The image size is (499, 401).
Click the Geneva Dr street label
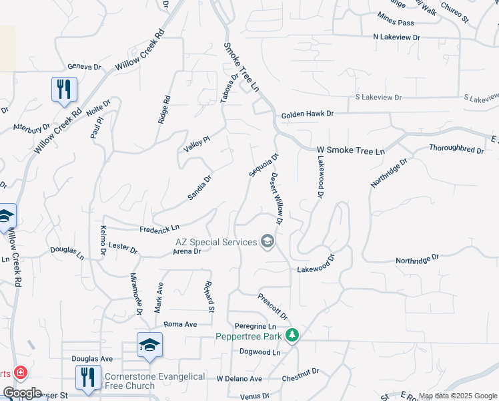(x=84, y=67)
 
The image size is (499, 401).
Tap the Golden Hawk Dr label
(x=307, y=114)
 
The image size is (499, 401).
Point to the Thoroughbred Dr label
(x=456, y=149)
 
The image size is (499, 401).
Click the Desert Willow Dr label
(x=278, y=198)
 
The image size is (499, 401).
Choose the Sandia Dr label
(x=199, y=187)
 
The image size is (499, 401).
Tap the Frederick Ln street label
(x=159, y=229)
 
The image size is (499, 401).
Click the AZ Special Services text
(x=216, y=242)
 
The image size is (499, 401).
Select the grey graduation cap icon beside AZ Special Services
(x=268, y=241)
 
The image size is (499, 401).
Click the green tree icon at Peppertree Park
(x=292, y=335)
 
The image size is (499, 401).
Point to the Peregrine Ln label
(x=256, y=325)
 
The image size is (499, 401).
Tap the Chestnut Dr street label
(x=300, y=371)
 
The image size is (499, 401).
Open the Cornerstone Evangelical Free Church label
(x=155, y=381)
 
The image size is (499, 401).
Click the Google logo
(x=22, y=393)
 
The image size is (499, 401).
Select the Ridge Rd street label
(x=164, y=109)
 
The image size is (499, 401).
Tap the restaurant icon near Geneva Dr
(x=64, y=90)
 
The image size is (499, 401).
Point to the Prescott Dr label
(x=273, y=304)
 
